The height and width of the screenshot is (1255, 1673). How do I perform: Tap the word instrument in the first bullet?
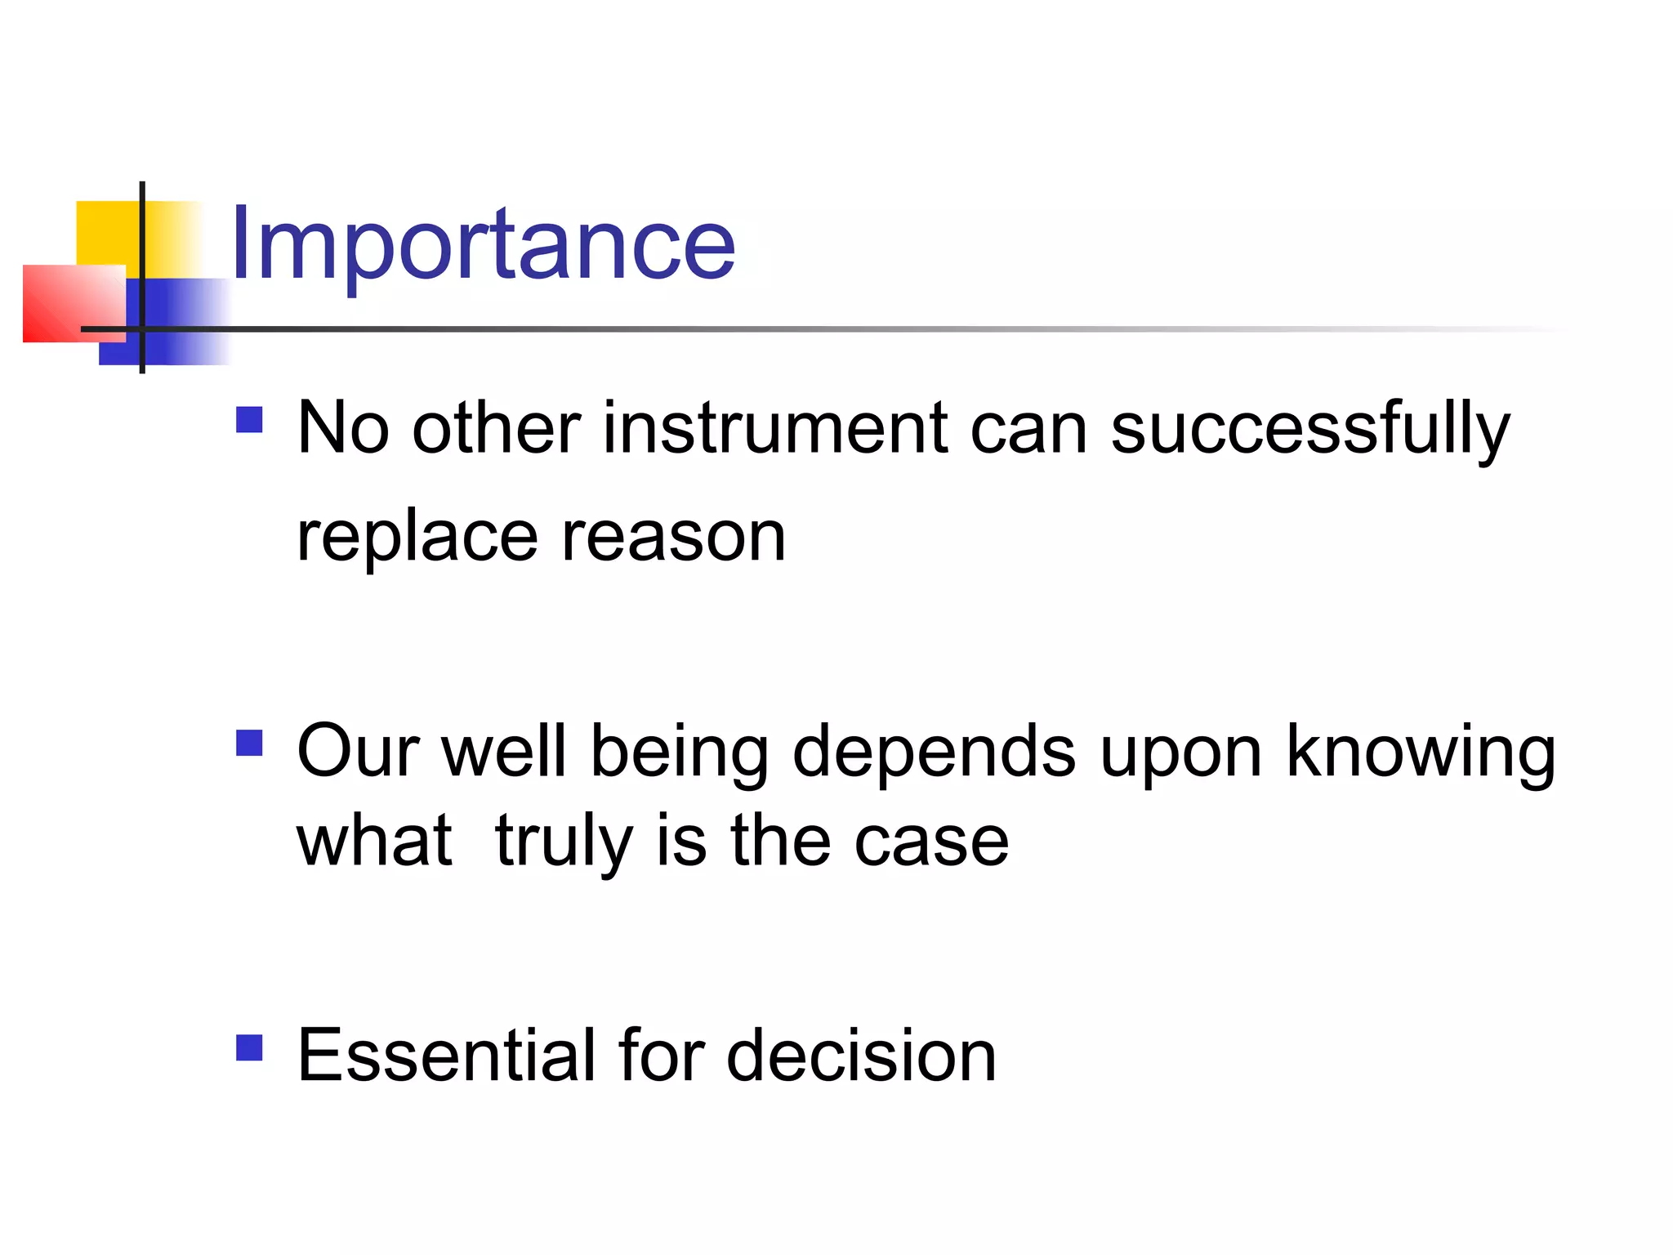coord(774,429)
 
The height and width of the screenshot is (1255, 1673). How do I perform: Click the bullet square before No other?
coord(249,420)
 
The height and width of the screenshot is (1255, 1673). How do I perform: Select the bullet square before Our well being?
coord(249,743)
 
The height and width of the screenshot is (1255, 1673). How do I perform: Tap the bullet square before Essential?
coord(249,1047)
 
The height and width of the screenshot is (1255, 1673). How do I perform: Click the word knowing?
coord(1421,752)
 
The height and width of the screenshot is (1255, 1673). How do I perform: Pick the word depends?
coord(934,752)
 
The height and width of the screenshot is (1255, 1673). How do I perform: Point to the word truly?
coord(564,842)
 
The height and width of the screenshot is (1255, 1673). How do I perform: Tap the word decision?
coord(861,1056)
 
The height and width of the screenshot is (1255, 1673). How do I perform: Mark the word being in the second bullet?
coord(679,752)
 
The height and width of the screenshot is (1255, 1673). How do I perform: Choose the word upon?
coord(1181,752)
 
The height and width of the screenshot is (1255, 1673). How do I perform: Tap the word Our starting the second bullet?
coord(358,752)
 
